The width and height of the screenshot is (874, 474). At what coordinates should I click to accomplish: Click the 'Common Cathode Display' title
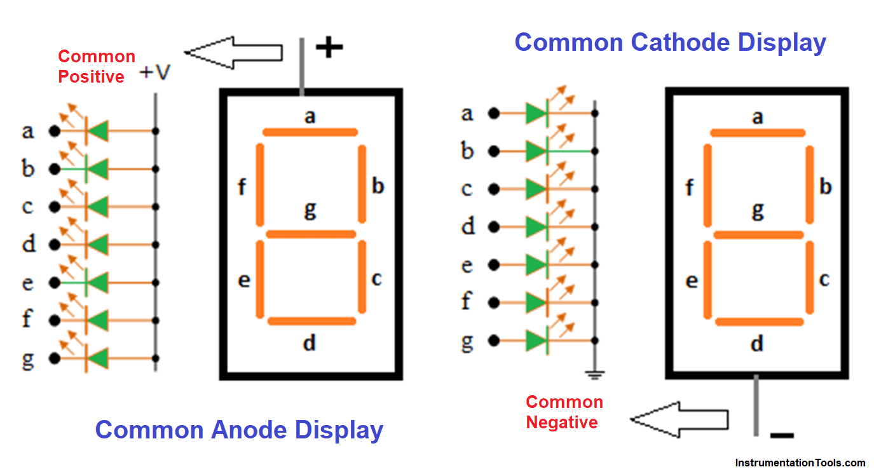pos(670,43)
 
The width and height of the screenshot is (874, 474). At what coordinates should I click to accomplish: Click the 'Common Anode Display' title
pos(239,430)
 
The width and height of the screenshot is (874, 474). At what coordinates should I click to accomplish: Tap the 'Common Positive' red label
pos(97,67)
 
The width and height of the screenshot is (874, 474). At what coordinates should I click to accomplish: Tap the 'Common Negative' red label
pos(564,412)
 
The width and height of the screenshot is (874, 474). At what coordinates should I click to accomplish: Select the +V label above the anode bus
pos(156,73)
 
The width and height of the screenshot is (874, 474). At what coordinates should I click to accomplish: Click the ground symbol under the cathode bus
pos(595,375)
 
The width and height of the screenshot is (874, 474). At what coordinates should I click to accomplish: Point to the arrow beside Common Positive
pos(233,53)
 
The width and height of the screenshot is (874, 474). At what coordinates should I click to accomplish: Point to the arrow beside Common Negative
pos(678,419)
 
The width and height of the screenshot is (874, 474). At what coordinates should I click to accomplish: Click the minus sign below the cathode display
pos(782,436)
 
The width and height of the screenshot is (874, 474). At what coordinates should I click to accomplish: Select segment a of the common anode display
pos(310,132)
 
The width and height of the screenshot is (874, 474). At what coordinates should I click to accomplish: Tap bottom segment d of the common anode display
pos(311,321)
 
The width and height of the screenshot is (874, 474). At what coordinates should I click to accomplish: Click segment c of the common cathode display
pos(809,278)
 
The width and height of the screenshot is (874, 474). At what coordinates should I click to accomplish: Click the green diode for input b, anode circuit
pos(97,170)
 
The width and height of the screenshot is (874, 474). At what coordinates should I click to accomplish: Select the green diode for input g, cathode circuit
pos(536,341)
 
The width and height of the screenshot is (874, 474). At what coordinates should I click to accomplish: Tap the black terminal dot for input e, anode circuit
pos(55,282)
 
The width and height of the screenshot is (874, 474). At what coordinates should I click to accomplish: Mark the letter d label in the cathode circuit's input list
pos(468,226)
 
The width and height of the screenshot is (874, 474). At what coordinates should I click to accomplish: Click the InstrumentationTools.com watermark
pos(800,463)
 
